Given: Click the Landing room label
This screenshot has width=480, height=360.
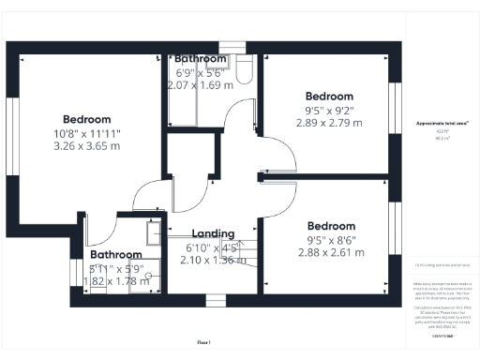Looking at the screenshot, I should click(219, 233).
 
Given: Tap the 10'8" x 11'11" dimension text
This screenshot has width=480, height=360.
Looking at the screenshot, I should click(87, 134).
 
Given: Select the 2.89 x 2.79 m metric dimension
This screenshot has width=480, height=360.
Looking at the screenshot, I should click(330, 123).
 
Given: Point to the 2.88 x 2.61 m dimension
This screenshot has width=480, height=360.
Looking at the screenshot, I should click(330, 252).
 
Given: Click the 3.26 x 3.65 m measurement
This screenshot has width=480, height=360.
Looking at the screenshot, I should click(87, 147).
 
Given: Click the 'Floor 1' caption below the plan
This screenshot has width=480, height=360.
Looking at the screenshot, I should click(204, 343).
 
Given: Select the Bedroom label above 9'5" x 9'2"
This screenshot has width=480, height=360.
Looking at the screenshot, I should click(330, 97).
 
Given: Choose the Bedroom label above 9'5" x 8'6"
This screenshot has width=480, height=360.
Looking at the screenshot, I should click(330, 226).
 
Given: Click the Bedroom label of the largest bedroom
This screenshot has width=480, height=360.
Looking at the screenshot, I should click(87, 120).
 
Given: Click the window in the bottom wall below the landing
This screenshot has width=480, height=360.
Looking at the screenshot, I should click(216, 301).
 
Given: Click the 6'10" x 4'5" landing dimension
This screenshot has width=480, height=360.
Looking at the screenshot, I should click(219, 247).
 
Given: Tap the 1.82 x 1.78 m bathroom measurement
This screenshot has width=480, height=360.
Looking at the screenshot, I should click(117, 280).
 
